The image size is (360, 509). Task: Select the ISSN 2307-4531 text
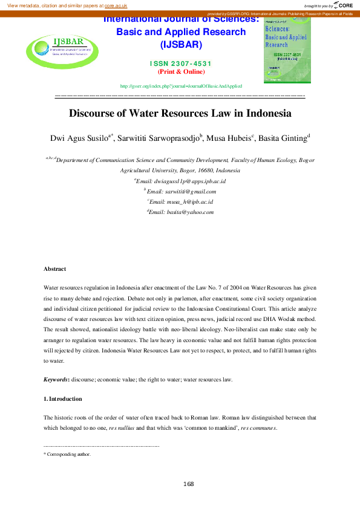point(180,63)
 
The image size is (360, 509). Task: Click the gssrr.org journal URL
point(181,86)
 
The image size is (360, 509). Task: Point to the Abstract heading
point(54,268)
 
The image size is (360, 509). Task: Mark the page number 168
point(188,484)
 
